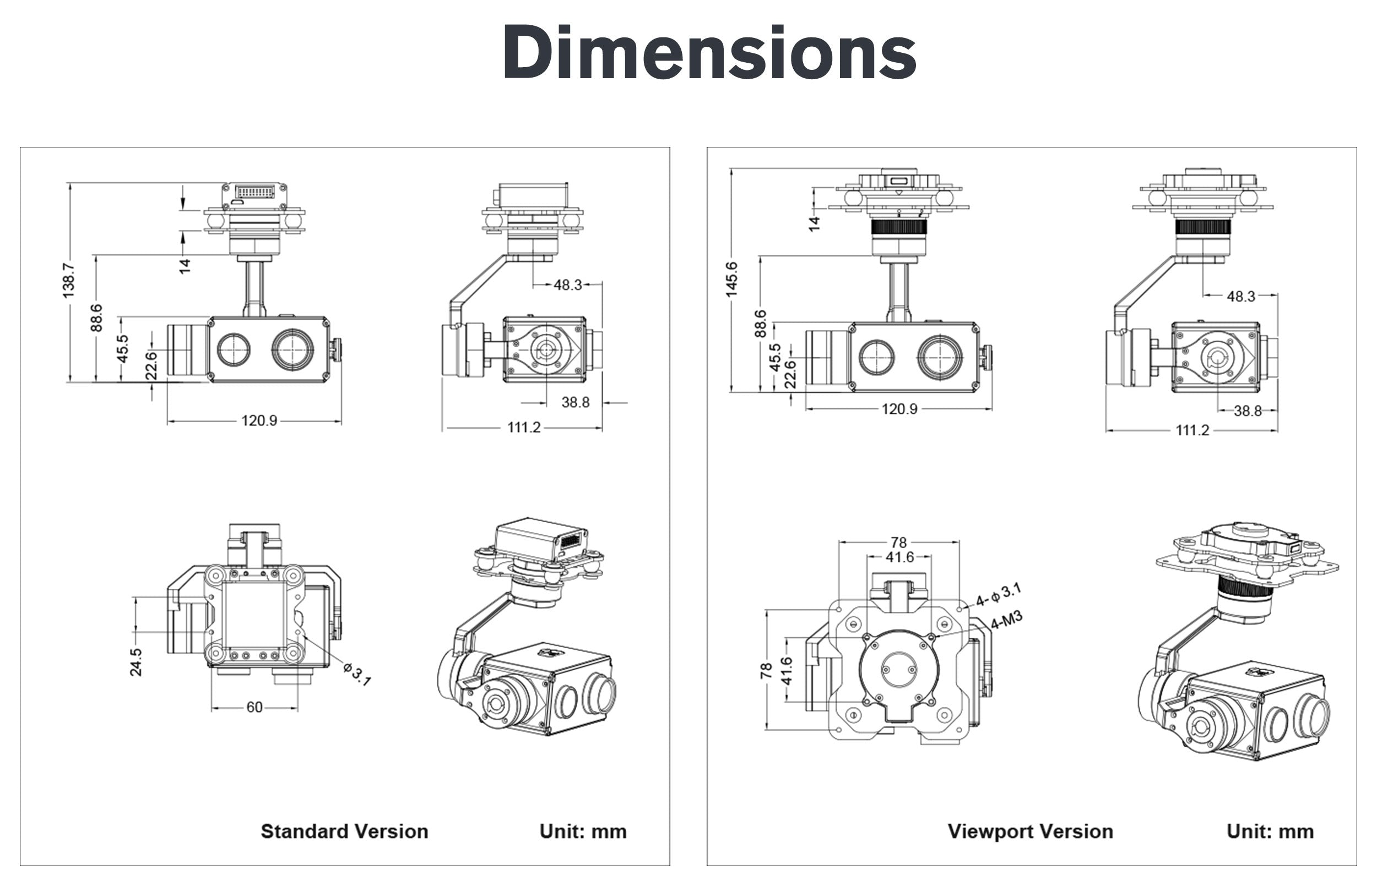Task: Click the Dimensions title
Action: pyautogui.click(x=709, y=53)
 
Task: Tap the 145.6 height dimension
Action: pyautogui.click(x=731, y=280)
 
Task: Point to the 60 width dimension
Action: pyautogui.click(x=254, y=707)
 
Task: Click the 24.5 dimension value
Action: pyautogui.click(x=136, y=662)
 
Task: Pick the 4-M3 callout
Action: pyautogui.click(x=1006, y=620)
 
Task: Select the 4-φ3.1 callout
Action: pyautogui.click(x=998, y=595)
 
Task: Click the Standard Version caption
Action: pyautogui.click(x=344, y=831)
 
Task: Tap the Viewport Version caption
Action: pyautogui.click(x=1030, y=831)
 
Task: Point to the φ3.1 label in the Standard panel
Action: pyautogui.click(x=357, y=674)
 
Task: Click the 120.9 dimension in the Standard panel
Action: pyautogui.click(x=259, y=420)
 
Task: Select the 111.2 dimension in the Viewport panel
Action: pyautogui.click(x=1192, y=430)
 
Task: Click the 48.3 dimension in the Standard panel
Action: pyautogui.click(x=568, y=284)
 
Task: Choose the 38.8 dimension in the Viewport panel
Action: pyautogui.click(x=1248, y=410)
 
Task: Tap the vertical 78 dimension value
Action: pyautogui.click(x=766, y=670)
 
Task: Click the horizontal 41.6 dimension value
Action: pyautogui.click(x=899, y=557)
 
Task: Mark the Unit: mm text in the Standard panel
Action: pyautogui.click(x=583, y=831)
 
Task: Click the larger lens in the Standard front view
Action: pyautogui.click(x=293, y=349)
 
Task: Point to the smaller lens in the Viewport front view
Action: pyautogui.click(x=876, y=357)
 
